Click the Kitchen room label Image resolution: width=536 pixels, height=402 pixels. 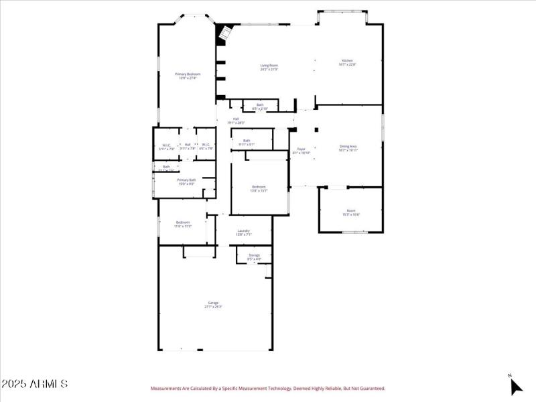pos(347,61)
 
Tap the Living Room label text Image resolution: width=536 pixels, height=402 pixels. pos(269,65)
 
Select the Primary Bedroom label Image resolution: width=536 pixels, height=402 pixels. pos(188,74)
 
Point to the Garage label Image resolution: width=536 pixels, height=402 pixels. pos(212,303)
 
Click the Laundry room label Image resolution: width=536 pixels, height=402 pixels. pos(244,230)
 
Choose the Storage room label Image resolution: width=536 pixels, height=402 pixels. pos(254,255)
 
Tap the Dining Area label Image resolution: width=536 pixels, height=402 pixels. pos(348,146)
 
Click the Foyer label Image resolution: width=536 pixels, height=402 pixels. pos(301,149)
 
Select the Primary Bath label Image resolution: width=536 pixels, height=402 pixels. pos(186,180)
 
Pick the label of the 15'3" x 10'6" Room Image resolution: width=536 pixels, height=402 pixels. pos(351,210)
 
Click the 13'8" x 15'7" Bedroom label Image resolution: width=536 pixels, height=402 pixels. pos(259,186)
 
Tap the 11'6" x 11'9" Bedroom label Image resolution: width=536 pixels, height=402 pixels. pos(183,222)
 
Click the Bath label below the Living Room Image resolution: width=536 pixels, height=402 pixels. pos(259,105)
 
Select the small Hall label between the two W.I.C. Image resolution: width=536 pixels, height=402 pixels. pos(188,144)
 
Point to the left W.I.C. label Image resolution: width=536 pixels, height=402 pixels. pos(166,145)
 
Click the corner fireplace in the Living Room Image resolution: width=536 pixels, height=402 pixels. pos(225,33)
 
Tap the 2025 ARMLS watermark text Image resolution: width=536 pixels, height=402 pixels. pos(34,385)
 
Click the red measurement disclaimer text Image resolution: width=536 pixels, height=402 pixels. pos(268,388)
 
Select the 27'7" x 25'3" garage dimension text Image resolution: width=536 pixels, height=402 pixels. pos(212,307)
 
